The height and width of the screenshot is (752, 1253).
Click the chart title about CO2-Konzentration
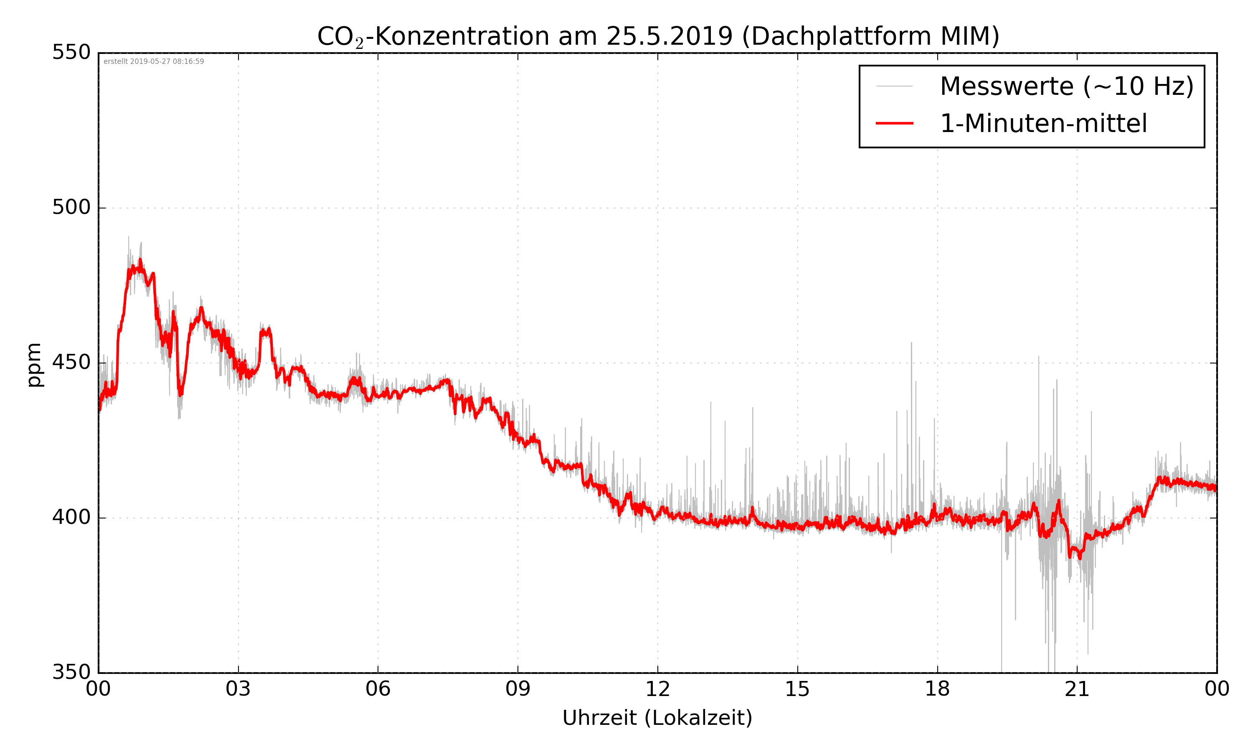coord(657,36)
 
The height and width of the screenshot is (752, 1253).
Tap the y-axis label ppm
coord(34,364)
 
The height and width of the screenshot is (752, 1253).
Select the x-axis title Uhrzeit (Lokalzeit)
coord(657,718)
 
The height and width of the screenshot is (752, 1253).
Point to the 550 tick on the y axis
coord(71,53)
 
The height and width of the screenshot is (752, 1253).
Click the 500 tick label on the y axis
coord(71,208)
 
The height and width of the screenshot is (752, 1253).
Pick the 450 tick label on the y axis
coord(71,363)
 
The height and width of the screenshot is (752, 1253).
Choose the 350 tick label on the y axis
coord(71,673)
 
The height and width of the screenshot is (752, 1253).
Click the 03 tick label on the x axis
coord(238,690)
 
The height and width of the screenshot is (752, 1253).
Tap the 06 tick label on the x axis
coord(378,690)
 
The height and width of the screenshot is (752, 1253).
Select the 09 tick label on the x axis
coord(517,690)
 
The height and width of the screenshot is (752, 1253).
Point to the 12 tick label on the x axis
coord(657,690)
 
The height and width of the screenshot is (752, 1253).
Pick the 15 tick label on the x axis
coord(797,690)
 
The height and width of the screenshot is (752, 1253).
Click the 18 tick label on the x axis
coord(937,690)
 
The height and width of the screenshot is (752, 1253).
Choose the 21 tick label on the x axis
coord(1077,690)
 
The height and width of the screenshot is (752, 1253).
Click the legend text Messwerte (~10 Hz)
coord(1067,86)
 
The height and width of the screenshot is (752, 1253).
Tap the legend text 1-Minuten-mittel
coord(1043,124)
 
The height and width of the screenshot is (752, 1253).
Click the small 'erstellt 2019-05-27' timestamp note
coord(153,62)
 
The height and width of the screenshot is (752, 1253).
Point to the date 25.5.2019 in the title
coord(669,36)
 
